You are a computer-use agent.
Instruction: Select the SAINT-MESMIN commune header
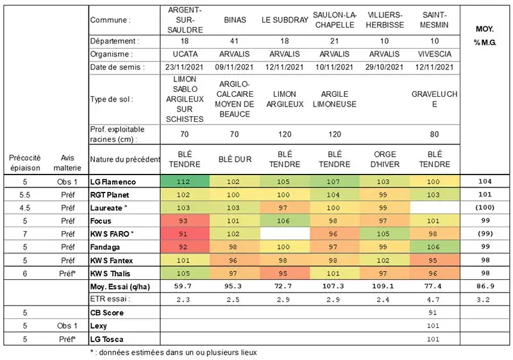point(434,20)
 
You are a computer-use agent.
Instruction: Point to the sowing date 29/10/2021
point(384,67)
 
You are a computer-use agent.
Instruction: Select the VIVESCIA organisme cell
point(434,55)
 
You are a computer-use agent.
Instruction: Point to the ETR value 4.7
point(434,299)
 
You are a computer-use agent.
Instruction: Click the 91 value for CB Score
point(434,313)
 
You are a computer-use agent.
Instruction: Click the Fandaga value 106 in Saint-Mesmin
point(434,247)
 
